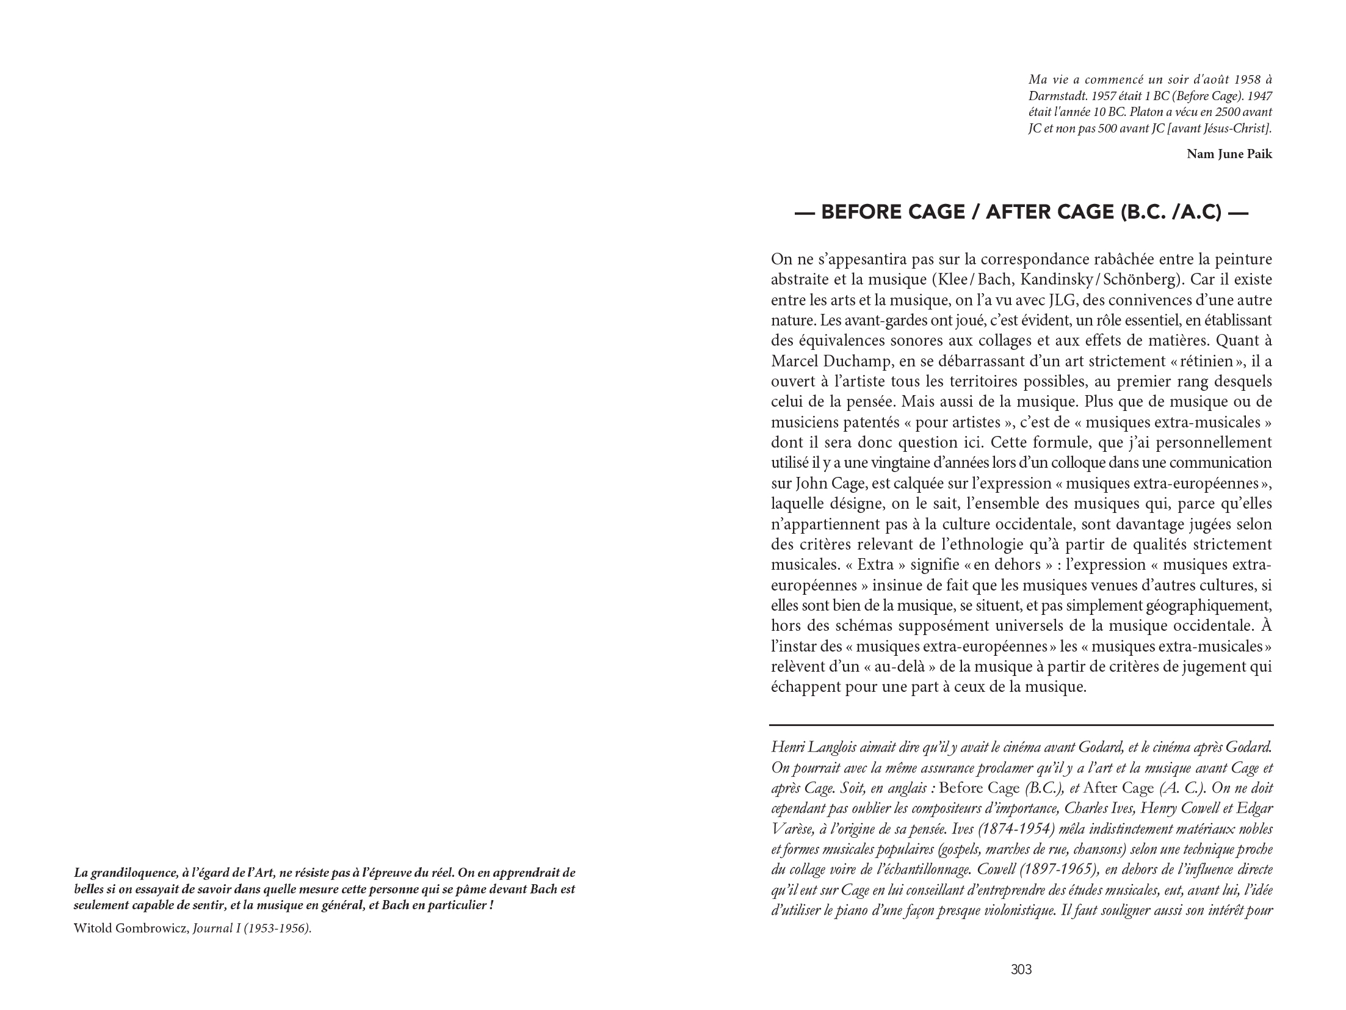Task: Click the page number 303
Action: pos(1021,969)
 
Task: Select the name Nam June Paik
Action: pos(1229,154)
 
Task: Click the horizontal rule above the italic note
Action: pos(1021,725)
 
